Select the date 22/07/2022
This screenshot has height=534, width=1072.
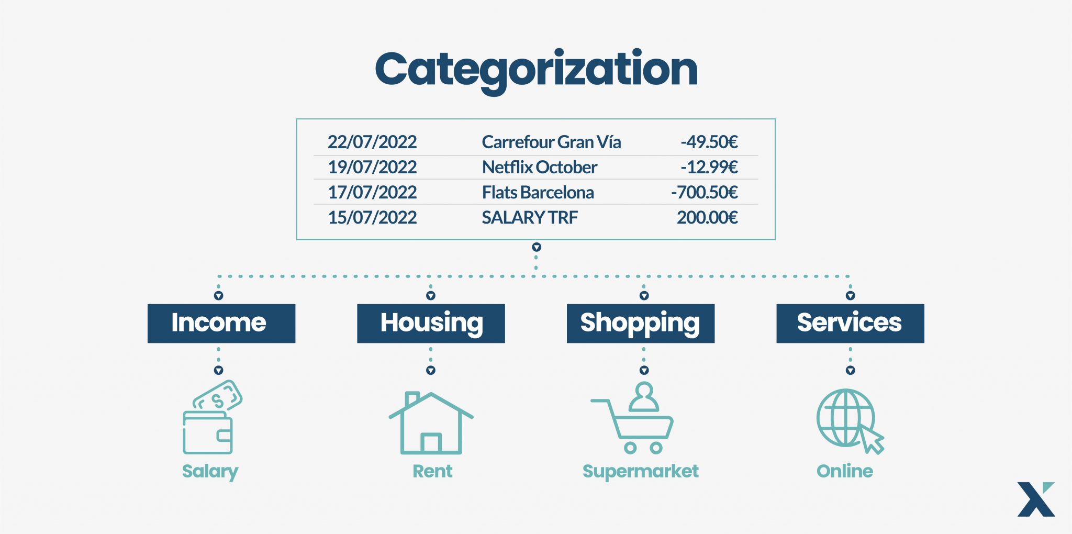(x=372, y=142)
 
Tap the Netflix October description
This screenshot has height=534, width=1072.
(x=539, y=167)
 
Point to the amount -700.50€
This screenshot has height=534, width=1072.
(x=705, y=192)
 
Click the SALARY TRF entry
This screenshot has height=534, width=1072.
(x=530, y=217)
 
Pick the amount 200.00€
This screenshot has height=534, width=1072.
(x=707, y=217)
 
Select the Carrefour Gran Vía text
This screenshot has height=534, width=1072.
(x=551, y=142)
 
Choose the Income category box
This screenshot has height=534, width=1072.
(x=221, y=324)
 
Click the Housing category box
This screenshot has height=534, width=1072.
(x=431, y=324)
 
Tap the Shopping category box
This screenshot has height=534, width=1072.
(x=641, y=324)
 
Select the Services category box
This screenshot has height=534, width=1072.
(x=850, y=324)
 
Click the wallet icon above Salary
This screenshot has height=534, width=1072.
(x=212, y=417)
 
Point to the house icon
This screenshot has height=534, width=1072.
(x=431, y=423)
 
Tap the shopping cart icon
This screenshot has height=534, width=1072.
(x=632, y=418)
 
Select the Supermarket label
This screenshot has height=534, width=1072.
(x=641, y=471)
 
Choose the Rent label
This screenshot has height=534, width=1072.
(x=432, y=471)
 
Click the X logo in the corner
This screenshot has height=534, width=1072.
(x=1036, y=499)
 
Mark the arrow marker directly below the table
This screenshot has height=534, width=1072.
(x=537, y=247)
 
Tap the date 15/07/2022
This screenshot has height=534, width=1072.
(x=372, y=217)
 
